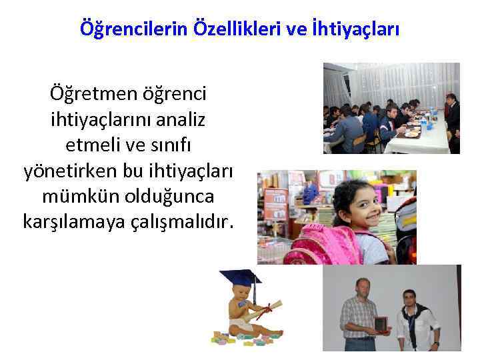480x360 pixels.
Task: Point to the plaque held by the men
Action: (381, 325)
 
